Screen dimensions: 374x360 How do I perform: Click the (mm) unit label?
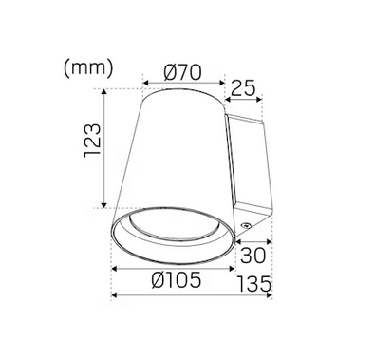pyautogui.click(x=88, y=68)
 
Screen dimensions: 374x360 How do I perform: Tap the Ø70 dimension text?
pyautogui.click(x=182, y=72)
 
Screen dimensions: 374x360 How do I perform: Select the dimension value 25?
pyautogui.click(x=243, y=88)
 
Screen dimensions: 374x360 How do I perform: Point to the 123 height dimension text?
pyautogui.click(x=93, y=141)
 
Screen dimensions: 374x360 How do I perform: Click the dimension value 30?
pyautogui.click(x=253, y=256)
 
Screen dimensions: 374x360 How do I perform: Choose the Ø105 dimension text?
pyautogui.click(x=177, y=280)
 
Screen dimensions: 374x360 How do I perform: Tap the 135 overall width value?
pyautogui.click(x=254, y=284)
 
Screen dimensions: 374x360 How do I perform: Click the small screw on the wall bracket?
pyautogui.click(x=246, y=225)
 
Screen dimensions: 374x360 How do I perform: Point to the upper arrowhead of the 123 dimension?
pyautogui.click(x=104, y=91)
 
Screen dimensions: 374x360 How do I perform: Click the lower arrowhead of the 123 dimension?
pyautogui.click(x=104, y=205)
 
